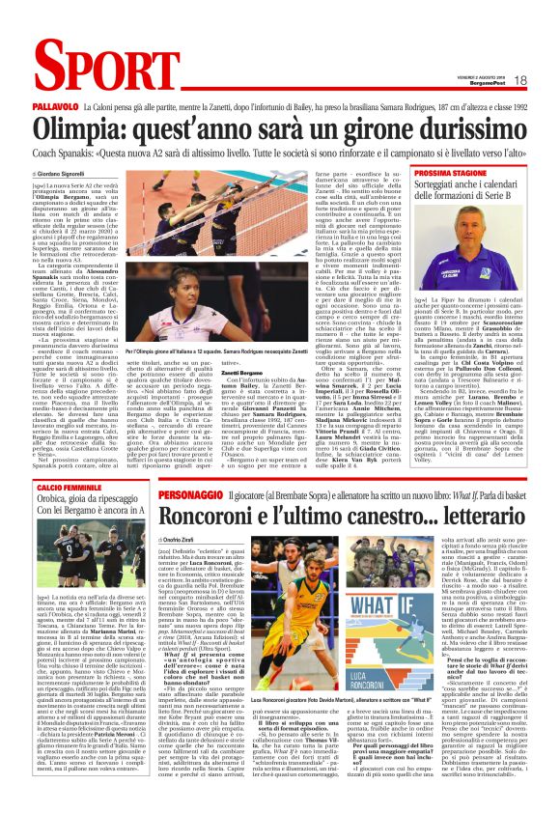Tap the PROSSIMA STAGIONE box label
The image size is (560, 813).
pos(453,172)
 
